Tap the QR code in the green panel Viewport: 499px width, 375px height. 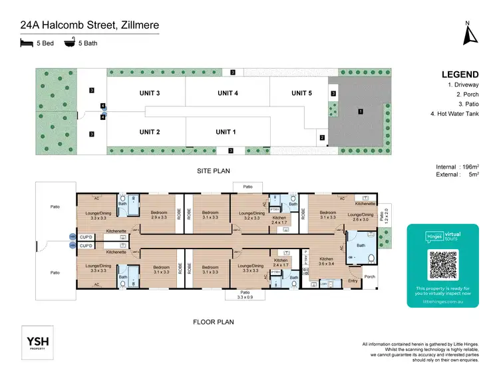tap(442, 264)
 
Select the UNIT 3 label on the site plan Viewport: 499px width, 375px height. tap(150, 93)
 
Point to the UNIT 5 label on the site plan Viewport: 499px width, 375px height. tap(301, 93)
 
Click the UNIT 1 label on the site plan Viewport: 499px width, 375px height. tap(226, 133)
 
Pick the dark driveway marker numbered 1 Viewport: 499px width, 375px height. tap(360, 113)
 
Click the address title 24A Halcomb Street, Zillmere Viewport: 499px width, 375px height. tap(89, 26)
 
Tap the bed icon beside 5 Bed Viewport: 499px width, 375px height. tap(26, 43)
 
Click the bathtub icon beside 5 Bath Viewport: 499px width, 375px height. tap(69, 43)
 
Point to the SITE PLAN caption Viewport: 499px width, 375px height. tap(213, 171)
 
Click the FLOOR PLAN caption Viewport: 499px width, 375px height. tap(213, 322)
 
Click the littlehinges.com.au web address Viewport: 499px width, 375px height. tap(442, 301)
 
